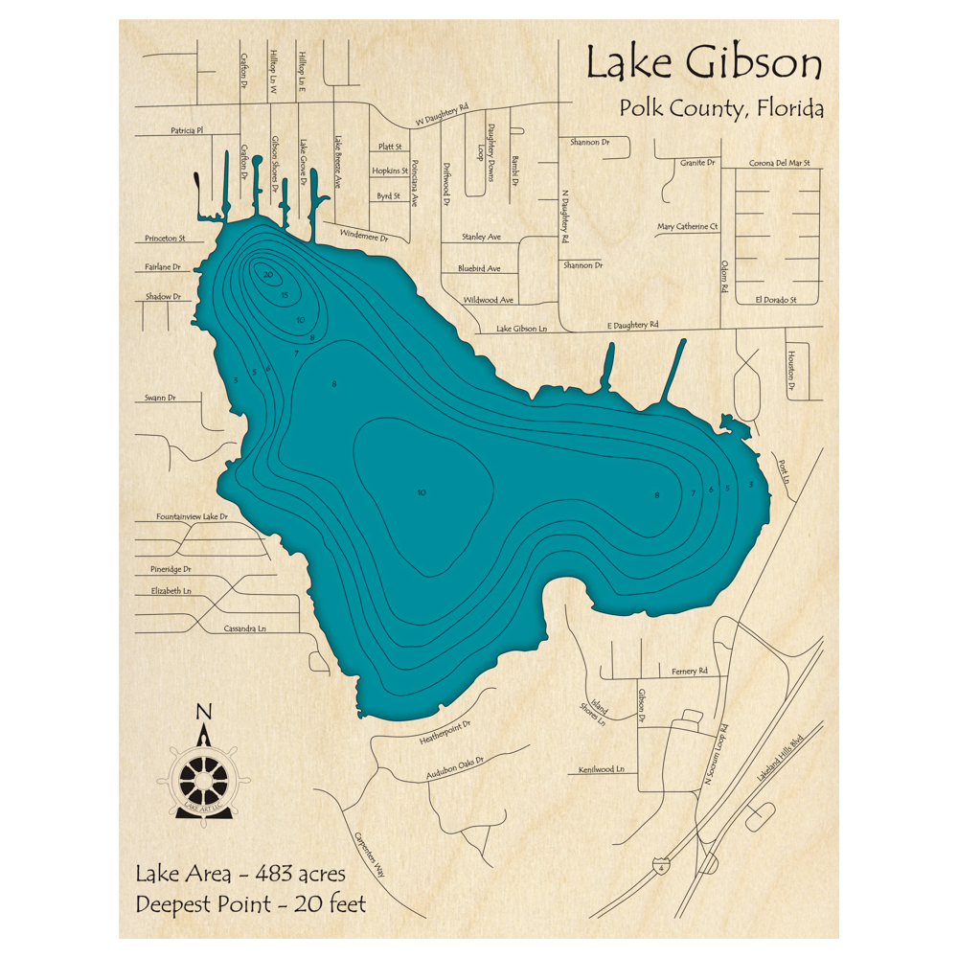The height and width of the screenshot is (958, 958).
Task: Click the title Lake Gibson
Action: pyautogui.click(x=703, y=64)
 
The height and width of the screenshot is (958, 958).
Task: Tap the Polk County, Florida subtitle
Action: pyautogui.click(x=721, y=108)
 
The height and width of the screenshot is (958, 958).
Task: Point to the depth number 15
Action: pyautogui.click(x=285, y=295)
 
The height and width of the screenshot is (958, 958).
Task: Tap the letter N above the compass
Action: pyautogui.click(x=203, y=712)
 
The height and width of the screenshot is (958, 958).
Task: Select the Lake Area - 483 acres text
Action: pyautogui.click(x=239, y=874)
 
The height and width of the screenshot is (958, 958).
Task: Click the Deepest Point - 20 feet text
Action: pyautogui.click(x=250, y=903)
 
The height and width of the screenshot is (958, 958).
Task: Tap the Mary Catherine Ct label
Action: pyautogui.click(x=687, y=227)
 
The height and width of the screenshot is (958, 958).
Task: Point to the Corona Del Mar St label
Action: pyautogui.click(x=780, y=163)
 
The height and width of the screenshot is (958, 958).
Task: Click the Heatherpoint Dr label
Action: pyautogui.click(x=445, y=732)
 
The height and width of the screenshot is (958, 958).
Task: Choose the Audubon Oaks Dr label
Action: pyautogui.click(x=456, y=769)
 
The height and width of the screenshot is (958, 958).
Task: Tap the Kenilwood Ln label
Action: pyautogui.click(x=601, y=769)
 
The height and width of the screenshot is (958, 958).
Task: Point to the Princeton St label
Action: pyautogui.click(x=164, y=238)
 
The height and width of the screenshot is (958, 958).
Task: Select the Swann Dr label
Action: pyautogui.click(x=160, y=397)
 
